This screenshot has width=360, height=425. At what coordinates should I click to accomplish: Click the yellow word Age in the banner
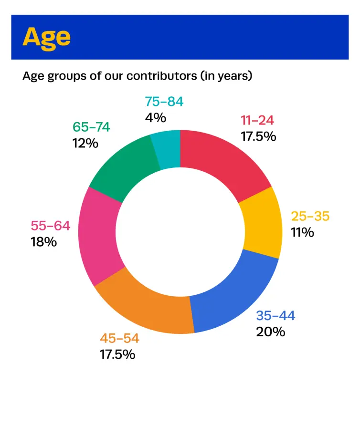coord(46,37)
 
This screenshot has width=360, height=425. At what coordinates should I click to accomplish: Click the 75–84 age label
coord(164,102)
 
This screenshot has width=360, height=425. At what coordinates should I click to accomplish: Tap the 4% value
coord(156,117)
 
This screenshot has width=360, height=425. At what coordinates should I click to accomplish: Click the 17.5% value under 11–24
coord(258,136)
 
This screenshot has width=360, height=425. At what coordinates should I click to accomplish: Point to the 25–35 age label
coord(310,216)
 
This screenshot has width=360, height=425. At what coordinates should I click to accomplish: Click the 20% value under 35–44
coord(270,331)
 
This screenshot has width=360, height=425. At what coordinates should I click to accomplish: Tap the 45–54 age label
coord(119,338)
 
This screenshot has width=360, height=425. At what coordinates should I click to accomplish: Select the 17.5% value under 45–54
coord(117,354)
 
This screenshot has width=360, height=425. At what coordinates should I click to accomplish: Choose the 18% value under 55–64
coord(44,241)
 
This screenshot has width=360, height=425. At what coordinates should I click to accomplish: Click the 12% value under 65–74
coord(85,143)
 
